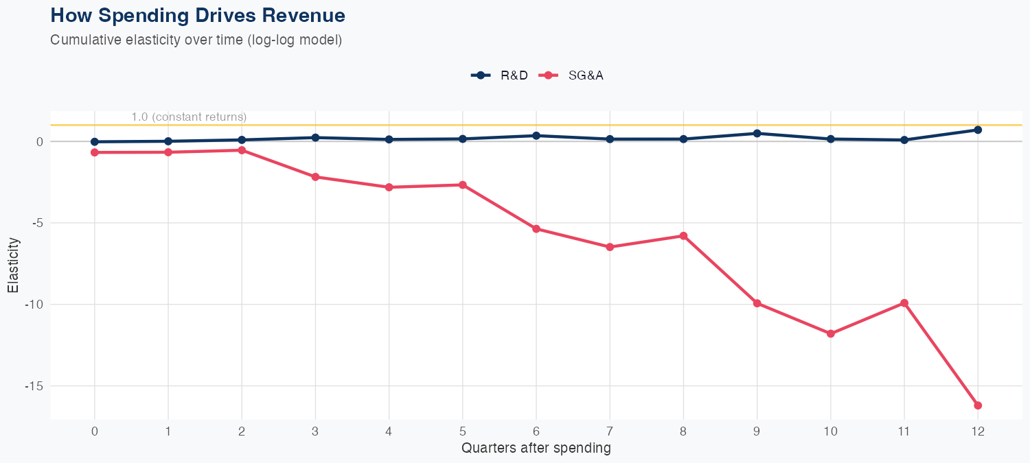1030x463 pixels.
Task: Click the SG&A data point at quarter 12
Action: click(978, 405)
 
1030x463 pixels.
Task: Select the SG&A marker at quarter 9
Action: click(757, 303)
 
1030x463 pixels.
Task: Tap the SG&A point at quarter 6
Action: click(536, 228)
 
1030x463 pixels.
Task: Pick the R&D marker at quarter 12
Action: click(978, 130)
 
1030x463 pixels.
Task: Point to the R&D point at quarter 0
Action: click(95, 142)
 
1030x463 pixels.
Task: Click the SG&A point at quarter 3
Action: click(315, 177)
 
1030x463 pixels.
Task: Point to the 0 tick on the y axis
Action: click(40, 141)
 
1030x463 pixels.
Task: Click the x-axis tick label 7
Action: click(610, 431)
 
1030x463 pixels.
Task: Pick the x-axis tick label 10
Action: click(831, 431)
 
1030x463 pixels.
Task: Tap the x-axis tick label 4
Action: click(389, 431)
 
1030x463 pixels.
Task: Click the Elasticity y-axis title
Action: click(13, 265)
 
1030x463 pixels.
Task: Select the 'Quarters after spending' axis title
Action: click(536, 449)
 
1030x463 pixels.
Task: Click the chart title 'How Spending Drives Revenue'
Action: click(198, 15)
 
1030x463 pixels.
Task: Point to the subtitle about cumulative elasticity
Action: click(196, 40)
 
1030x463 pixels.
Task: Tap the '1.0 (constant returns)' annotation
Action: click(189, 117)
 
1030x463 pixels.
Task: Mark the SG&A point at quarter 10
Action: click(831, 333)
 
